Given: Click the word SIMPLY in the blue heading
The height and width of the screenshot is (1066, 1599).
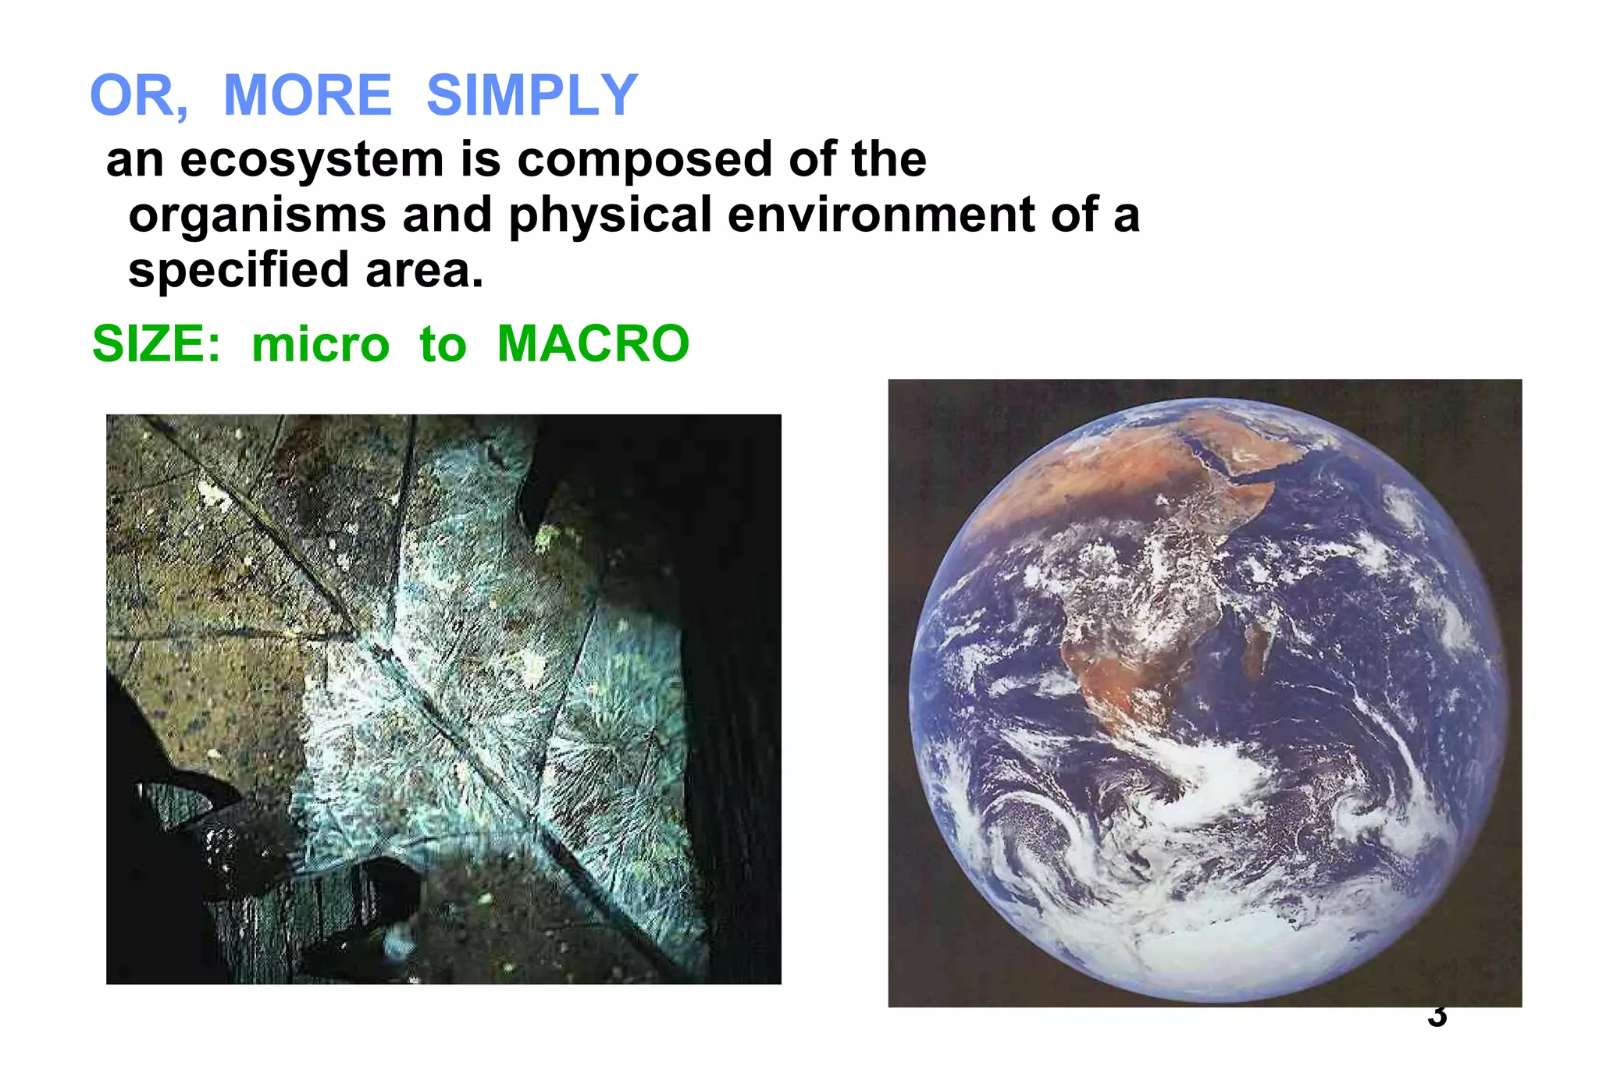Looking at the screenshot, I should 532,95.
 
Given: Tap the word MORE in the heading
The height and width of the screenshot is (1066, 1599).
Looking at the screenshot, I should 307,95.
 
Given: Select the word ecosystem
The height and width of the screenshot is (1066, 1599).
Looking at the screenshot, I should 312,161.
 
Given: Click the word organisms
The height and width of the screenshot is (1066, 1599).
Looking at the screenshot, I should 257,216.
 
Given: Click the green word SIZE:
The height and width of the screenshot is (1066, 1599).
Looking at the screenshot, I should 156,344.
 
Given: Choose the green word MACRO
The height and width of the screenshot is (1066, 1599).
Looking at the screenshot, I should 593,344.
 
